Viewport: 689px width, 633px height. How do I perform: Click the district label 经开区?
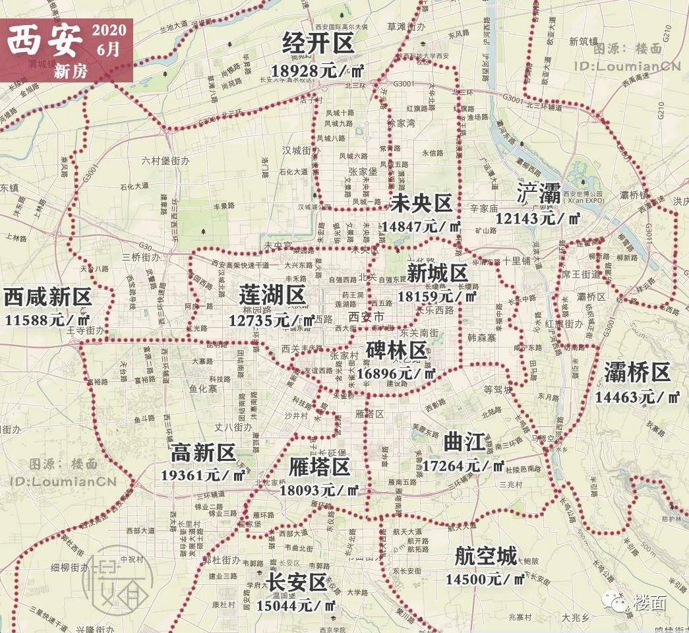(x=318, y=44)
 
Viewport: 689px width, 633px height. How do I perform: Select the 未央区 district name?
(x=420, y=204)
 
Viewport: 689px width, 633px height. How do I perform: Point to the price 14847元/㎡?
(x=421, y=227)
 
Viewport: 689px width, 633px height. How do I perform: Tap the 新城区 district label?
(x=437, y=273)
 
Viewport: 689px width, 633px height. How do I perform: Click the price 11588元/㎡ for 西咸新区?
(x=47, y=320)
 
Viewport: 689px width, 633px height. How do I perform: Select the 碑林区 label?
(x=397, y=350)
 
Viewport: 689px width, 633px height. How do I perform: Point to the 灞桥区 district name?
(x=637, y=373)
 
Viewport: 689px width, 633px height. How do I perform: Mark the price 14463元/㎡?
(x=637, y=397)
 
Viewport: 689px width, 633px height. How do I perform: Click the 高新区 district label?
(x=203, y=452)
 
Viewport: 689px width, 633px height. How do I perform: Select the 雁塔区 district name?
(x=319, y=467)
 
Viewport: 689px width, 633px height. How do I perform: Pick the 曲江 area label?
(x=464, y=440)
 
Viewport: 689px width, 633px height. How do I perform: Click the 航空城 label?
(x=486, y=557)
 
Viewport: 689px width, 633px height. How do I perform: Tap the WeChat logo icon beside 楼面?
(x=620, y=601)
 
